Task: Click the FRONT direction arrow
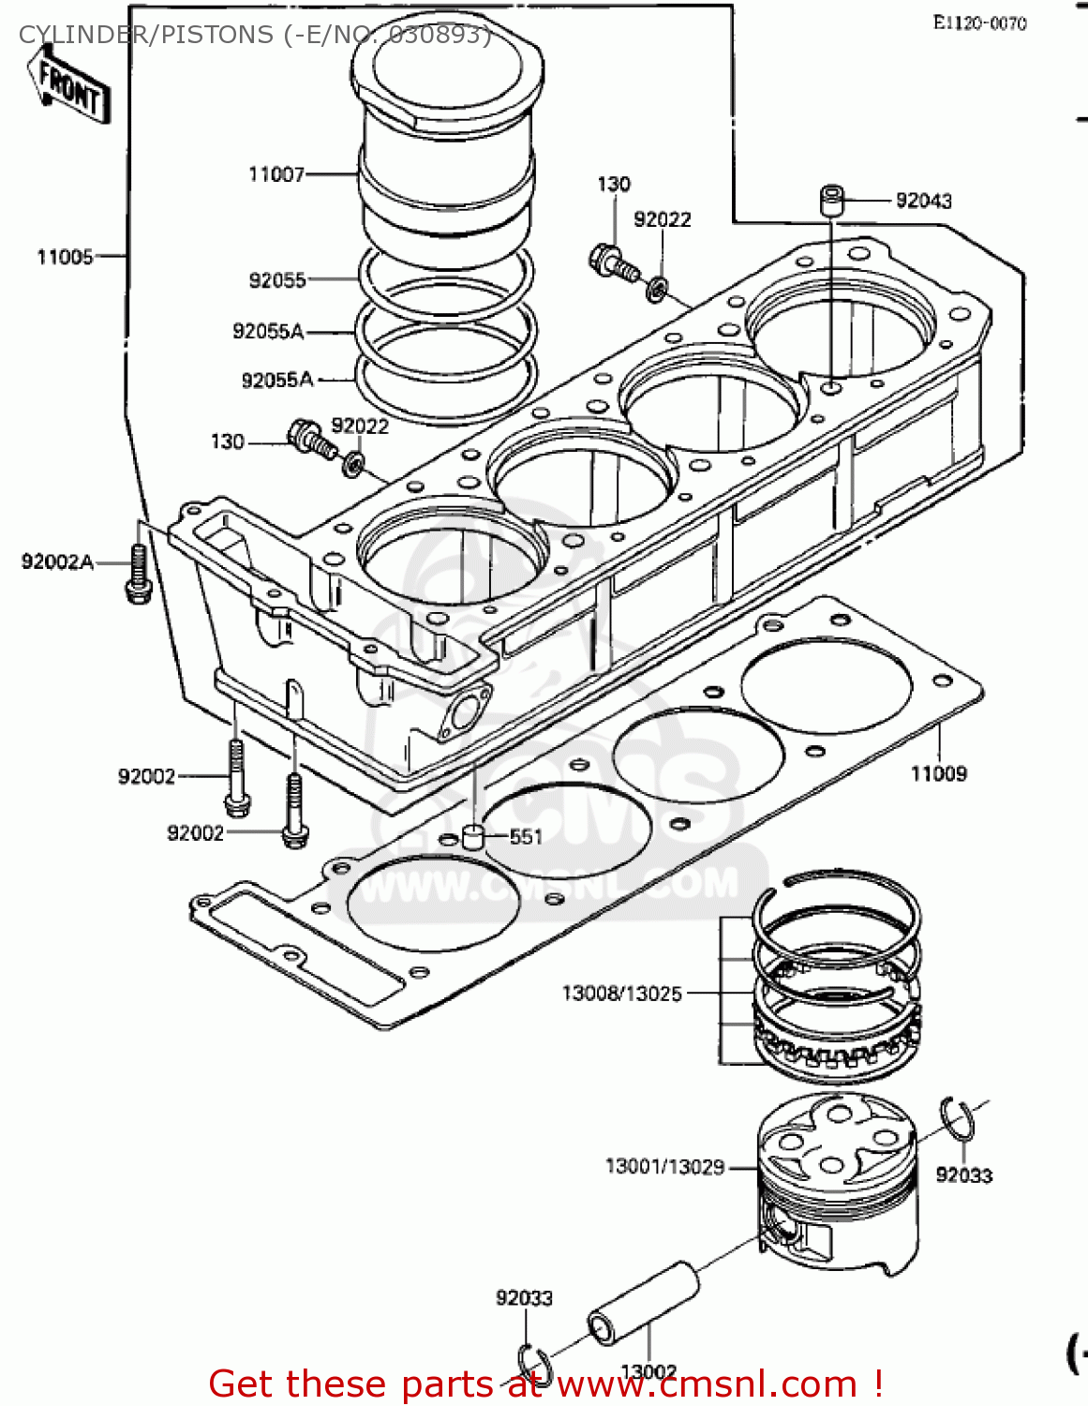[71, 84]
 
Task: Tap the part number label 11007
[276, 174]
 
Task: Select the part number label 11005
[65, 257]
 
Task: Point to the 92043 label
[923, 201]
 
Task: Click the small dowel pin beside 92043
[831, 201]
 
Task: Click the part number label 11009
[938, 773]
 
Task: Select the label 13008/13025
[621, 994]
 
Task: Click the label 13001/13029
[664, 1167]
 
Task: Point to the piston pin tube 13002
[643, 1303]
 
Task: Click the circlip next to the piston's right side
[958, 1120]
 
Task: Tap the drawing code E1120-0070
[979, 23]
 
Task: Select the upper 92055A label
[268, 331]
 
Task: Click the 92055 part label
[277, 280]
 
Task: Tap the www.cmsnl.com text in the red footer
[708, 1384]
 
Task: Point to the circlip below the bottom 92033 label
[534, 1360]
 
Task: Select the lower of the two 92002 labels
[195, 833]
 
